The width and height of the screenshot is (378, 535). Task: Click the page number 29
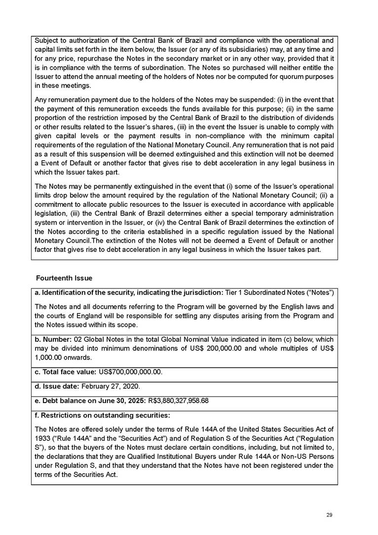[x=330, y=515]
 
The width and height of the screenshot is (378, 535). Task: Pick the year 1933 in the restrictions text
[x=41, y=438]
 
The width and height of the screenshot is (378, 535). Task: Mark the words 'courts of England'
[x=73, y=316]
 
